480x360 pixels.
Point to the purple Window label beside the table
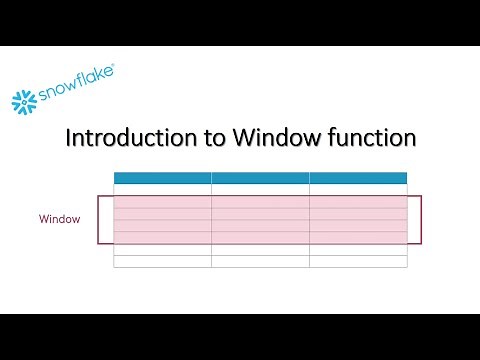pos(60,218)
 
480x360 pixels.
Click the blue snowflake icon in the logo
pos(24,100)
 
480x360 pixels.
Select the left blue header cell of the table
pos(162,178)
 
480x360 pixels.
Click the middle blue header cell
pos(260,178)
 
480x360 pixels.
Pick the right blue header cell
pos(358,178)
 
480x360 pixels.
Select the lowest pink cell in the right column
pos(358,238)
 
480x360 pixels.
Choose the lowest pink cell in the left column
pos(162,238)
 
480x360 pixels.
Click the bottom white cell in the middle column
pos(260,262)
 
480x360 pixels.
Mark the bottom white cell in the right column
pos(358,262)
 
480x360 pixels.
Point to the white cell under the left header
pos(162,190)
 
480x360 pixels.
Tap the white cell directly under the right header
pos(358,190)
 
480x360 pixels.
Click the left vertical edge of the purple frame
pos(98,220)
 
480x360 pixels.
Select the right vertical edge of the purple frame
pos(421,220)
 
